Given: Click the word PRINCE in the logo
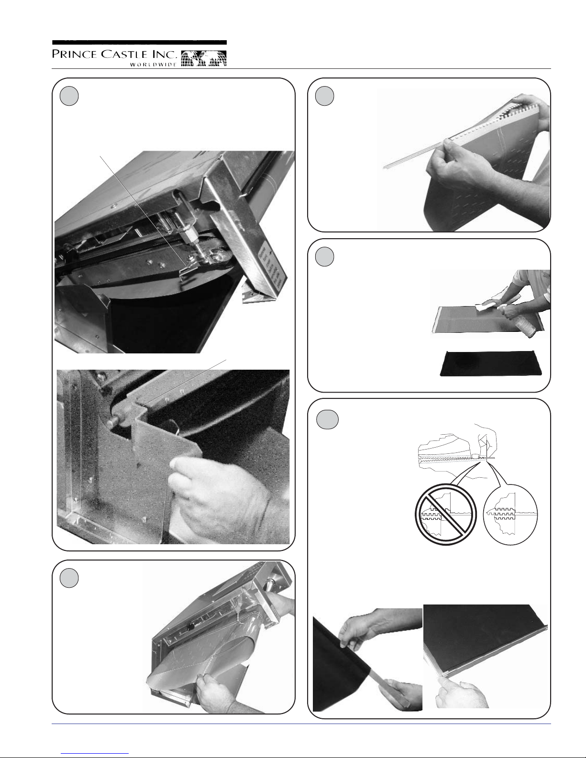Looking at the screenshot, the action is point(72,54).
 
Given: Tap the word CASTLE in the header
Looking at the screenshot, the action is point(119,54).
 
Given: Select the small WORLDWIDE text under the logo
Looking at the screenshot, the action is point(153,64).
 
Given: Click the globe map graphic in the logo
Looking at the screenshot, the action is point(204,58).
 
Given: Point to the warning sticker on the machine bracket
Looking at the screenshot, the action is point(273,267).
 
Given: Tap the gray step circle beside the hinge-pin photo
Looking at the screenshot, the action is point(324,96).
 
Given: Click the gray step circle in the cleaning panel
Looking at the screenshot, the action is point(324,257).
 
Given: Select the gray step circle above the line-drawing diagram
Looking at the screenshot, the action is point(327,420).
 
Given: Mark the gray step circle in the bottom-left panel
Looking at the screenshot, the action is point(69,578).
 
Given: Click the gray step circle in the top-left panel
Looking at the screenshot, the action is point(69,96).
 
